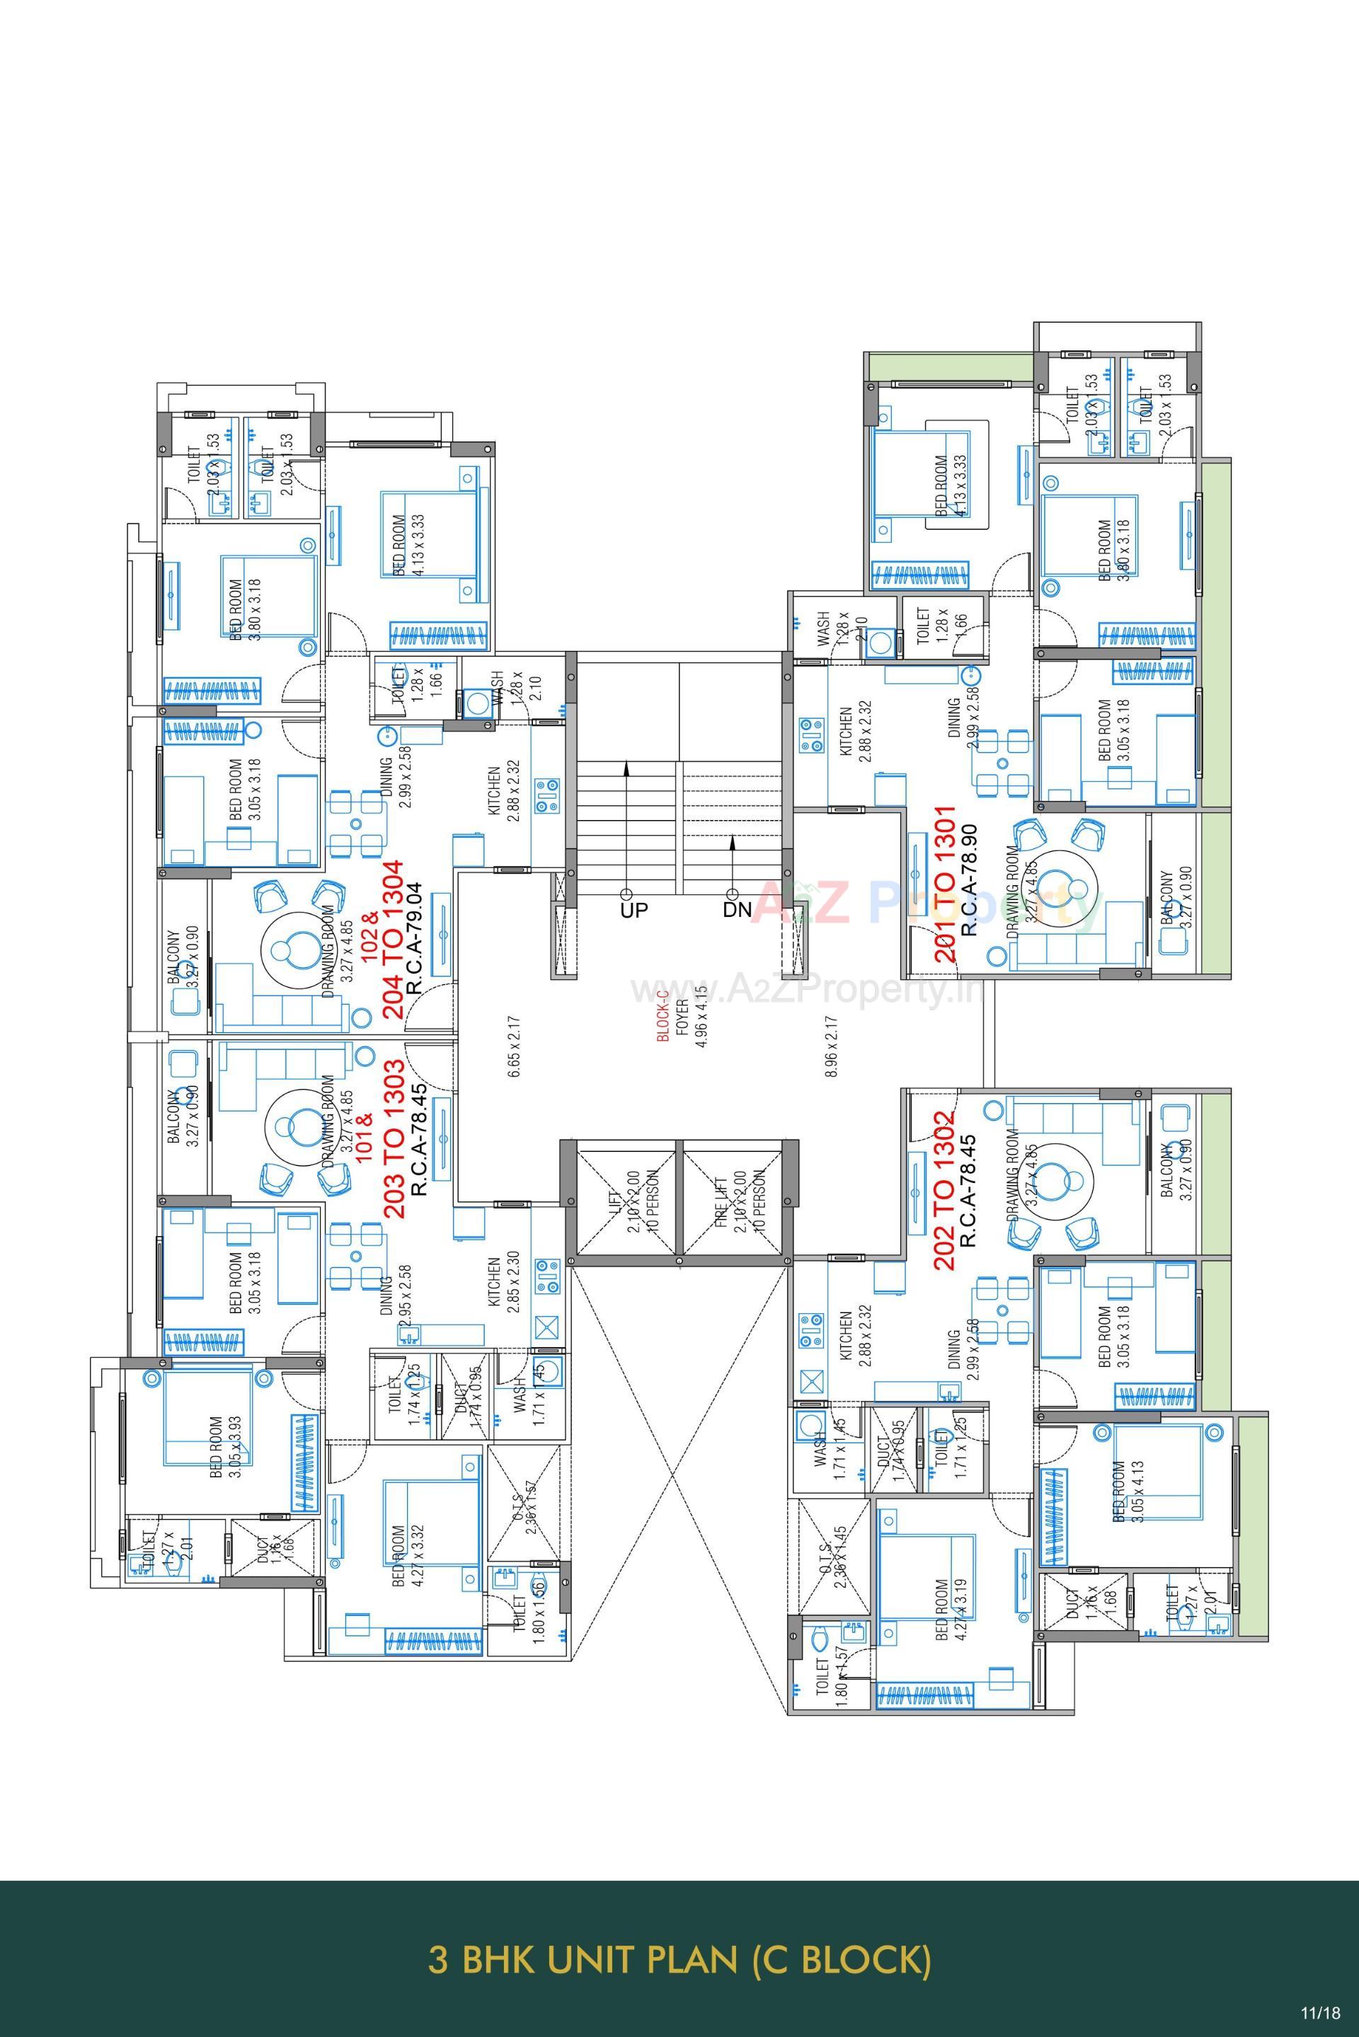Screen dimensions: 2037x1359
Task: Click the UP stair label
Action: click(633, 911)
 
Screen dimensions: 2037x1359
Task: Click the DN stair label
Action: click(738, 911)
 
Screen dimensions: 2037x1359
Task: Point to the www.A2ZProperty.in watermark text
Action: click(806, 988)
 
